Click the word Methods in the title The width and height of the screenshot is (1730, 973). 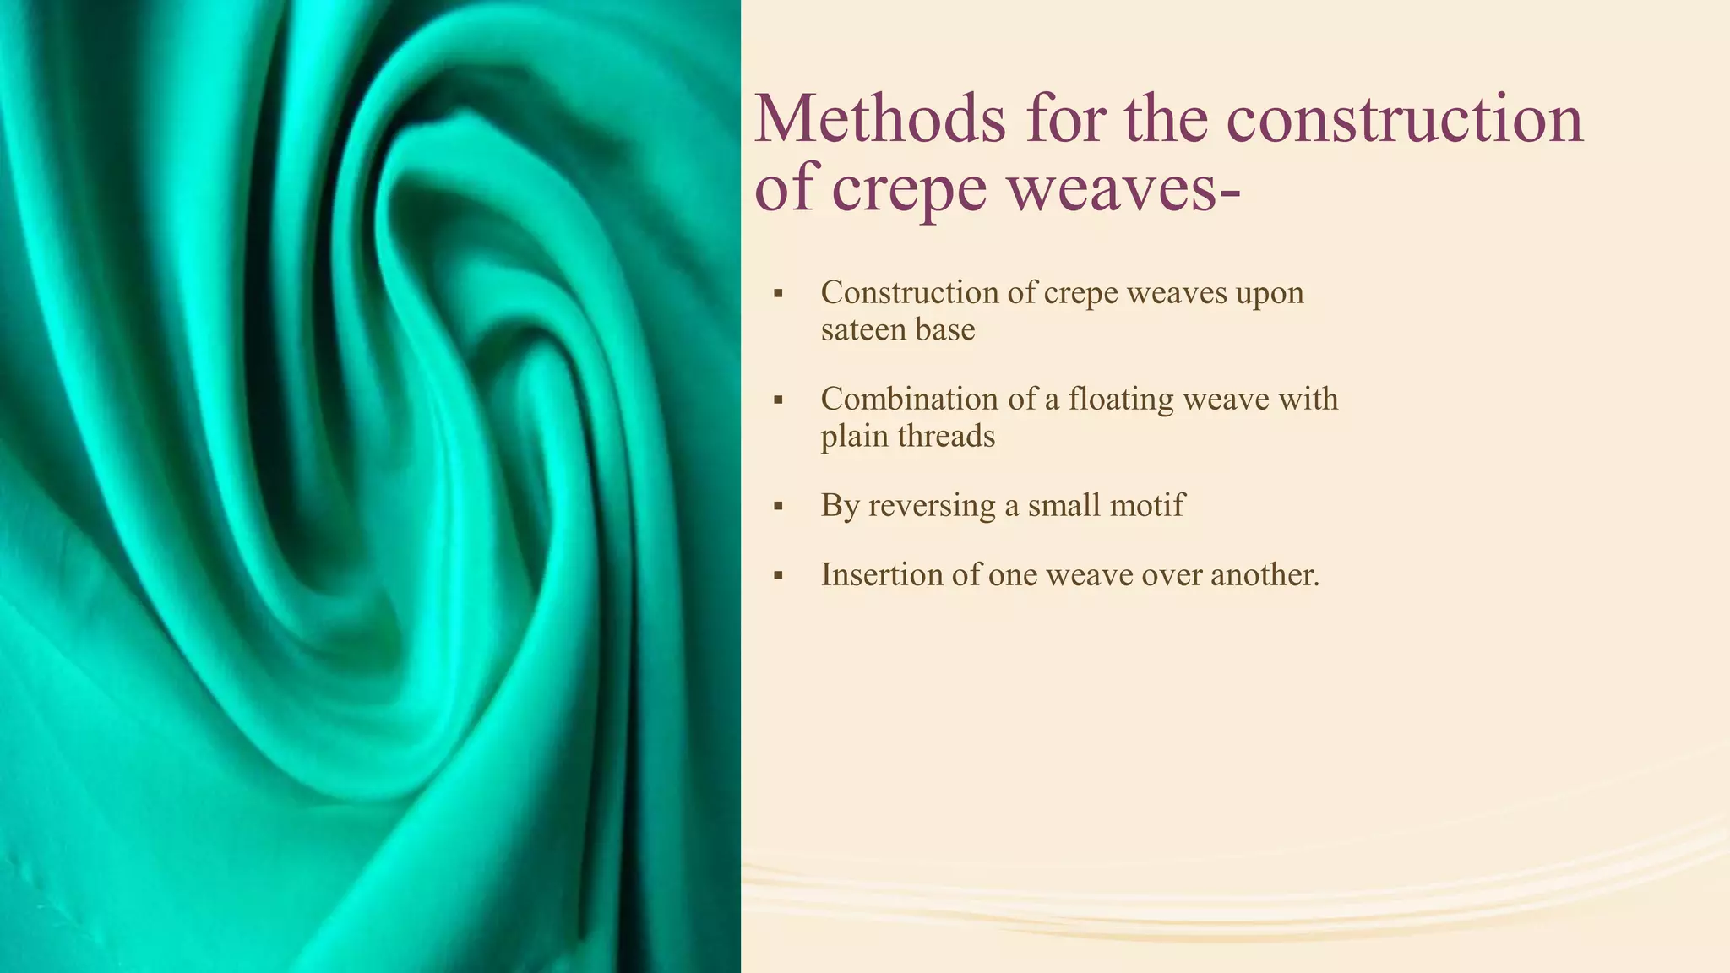[879, 119]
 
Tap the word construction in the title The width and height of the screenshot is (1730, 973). [1404, 119]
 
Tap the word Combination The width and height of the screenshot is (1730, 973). [911, 400]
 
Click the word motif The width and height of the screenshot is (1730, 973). [1148, 506]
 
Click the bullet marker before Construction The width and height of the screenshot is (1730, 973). [778, 294]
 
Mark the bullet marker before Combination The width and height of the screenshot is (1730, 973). [778, 400]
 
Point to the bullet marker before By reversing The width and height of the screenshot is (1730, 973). [778, 507]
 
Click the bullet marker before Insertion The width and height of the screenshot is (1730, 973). [778, 576]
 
